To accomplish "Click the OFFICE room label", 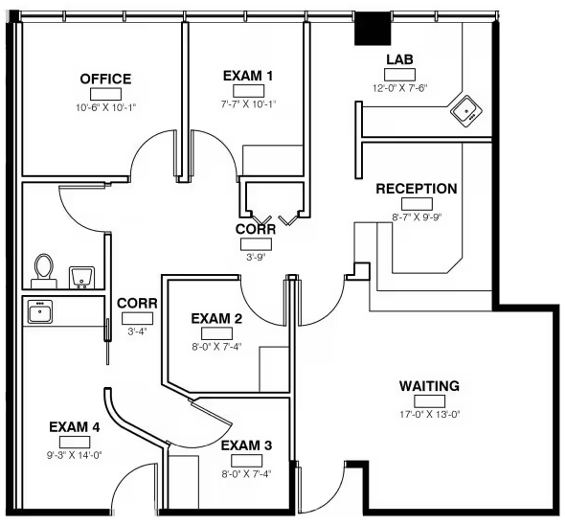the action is tap(105, 79).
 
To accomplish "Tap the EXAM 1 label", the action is tap(248, 76).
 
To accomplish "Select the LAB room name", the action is tap(399, 59).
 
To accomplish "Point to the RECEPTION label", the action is tap(417, 189).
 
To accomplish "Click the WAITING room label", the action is tap(429, 386).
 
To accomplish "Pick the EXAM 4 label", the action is tap(75, 427).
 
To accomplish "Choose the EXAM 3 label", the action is tap(246, 445).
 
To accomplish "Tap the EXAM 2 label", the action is tap(216, 319).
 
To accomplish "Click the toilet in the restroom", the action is tap(44, 270).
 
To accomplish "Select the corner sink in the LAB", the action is tap(466, 111).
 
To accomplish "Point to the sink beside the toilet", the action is tap(81, 277).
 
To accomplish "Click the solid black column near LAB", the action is tap(373, 28).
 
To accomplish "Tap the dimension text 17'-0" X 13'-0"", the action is tap(429, 414).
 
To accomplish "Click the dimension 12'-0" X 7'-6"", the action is tap(400, 88).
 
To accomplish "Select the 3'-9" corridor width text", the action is tap(256, 257).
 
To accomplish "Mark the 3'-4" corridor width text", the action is tap(137, 331).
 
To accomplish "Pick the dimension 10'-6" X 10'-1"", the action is tap(105, 107).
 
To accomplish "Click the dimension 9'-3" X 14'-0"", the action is tap(75, 455).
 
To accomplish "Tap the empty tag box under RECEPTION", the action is tap(417, 204).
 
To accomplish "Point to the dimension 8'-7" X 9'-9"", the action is tap(417, 217).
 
